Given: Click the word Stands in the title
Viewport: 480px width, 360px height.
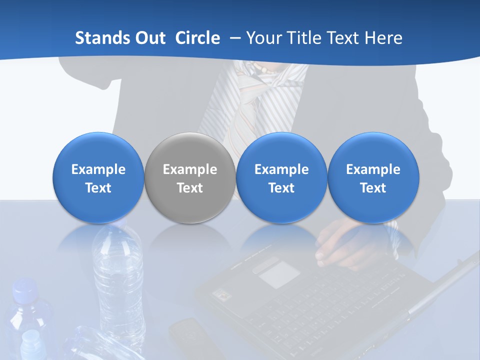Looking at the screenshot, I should (103, 38).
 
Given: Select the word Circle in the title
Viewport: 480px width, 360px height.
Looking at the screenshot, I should (197, 38).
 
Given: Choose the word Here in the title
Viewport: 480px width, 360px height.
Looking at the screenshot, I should (384, 38).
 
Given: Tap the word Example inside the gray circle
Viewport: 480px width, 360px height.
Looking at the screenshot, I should (190, 169).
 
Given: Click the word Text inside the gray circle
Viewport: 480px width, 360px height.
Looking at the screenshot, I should (190, 188).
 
